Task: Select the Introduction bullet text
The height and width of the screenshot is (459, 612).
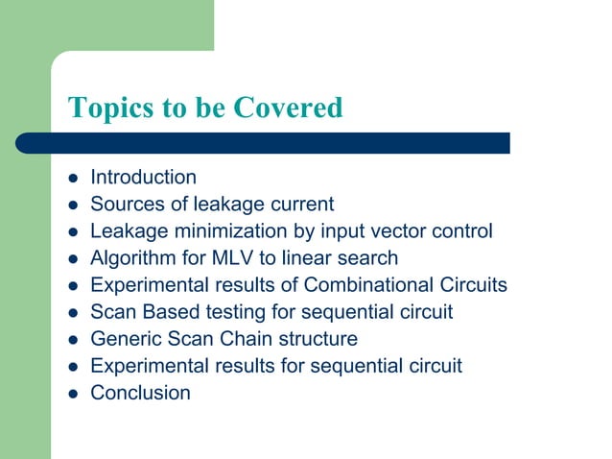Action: pyautogui.click(x=143, y=178)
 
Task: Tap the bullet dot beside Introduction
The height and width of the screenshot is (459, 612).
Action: pyautogui.click(x=72, y=179)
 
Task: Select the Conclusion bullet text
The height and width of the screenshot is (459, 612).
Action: pyautogui.click(x=140, y=393)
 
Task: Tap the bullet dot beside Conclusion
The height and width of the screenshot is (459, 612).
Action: pyautogui.click(x=72, y=394)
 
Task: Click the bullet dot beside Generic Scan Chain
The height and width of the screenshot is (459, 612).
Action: pyautogui.click(x=72, y=340)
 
